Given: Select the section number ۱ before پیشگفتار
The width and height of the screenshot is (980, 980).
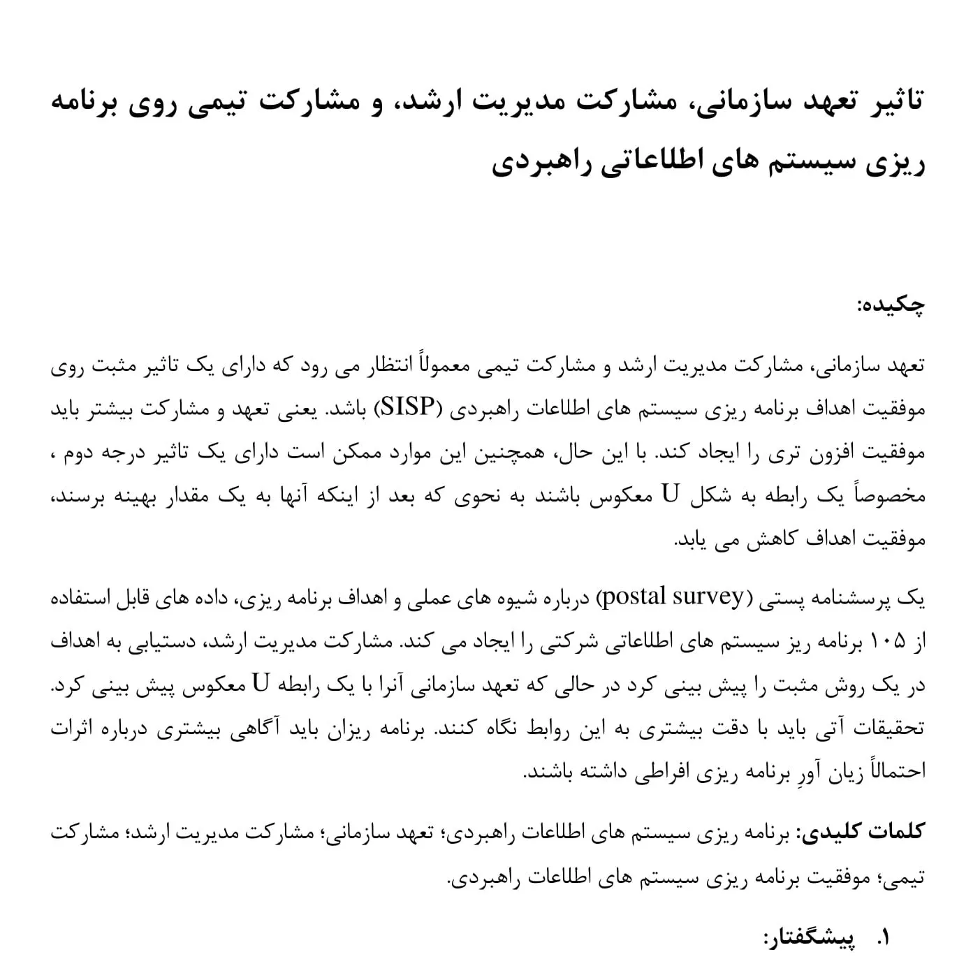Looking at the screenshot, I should pyautogui.click(x=883, y=939).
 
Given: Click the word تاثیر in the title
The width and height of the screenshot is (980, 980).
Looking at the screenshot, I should pyautogui.click(x=891, y=102).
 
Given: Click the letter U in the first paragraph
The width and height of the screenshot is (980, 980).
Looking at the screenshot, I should pyautogui.click(x=670, y=495).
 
